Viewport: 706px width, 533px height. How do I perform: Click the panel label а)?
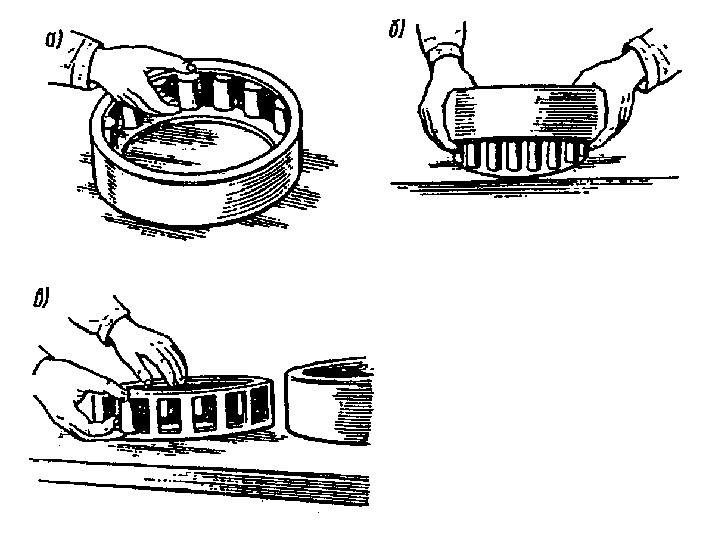pyautogui.click(x=52, y=40)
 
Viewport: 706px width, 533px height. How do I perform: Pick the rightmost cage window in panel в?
pyautogui.click(x=260, y=407)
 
